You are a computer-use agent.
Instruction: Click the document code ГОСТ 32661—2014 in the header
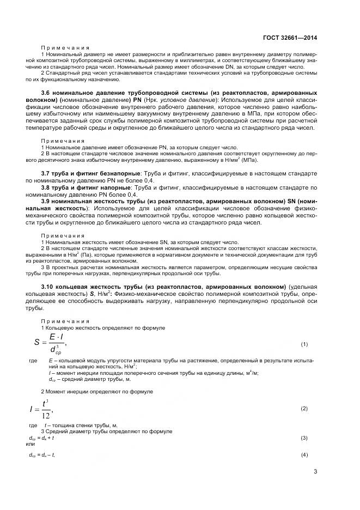pyautogui.click(x=290, y=38)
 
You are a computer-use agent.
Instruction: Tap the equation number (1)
pyautogui.click(x=304, y=344)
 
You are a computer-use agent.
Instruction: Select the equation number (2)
pyautogui.click(x=304, y=408)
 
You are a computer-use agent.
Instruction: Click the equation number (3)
pyautogui.click(x=304, y=438)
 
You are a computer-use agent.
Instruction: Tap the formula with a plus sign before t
pyautogui.click(x=40, y=438)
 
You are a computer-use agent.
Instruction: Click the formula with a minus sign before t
pyautogui.click(x=41, y=454)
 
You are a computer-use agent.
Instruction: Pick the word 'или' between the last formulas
pyautogui.click(x=32, y=444)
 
